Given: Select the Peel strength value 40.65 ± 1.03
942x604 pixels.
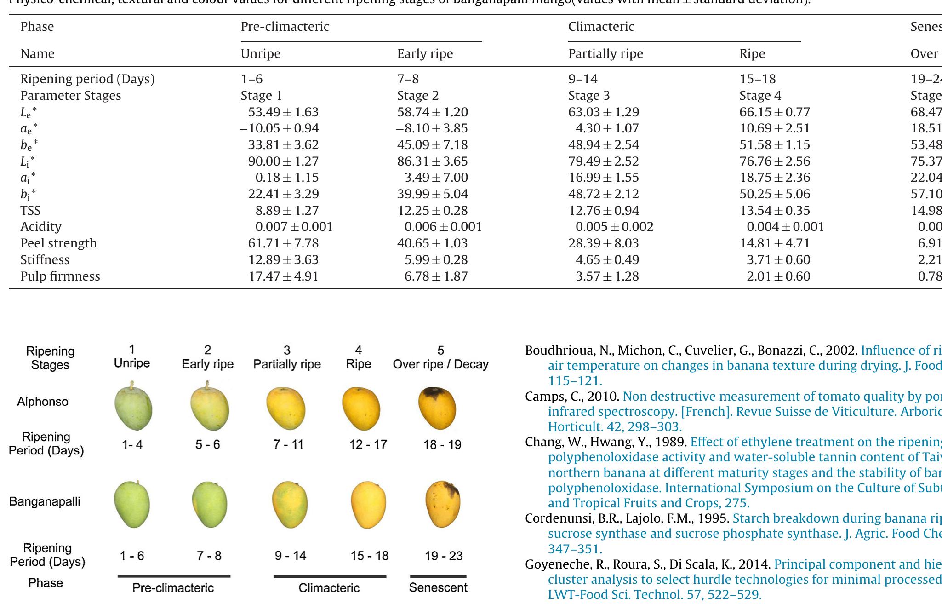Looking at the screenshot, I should click(x=432, y=243).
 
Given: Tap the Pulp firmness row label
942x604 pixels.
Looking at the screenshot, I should click(x=60, y=276).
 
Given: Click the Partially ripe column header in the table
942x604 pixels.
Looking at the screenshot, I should click(x=605, y=54).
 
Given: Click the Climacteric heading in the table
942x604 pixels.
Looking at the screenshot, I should click(x=601, y=27).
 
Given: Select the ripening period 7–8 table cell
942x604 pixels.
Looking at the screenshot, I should click(x=408, y=79).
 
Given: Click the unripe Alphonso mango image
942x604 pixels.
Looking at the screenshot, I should click(x=133, y=407).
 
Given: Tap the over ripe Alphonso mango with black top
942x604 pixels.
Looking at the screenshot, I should click(x=437, y=408).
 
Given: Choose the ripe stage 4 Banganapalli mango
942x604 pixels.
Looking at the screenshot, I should click(x=368, y=505).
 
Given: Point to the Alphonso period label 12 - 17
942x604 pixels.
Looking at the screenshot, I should click(x=368, y=444).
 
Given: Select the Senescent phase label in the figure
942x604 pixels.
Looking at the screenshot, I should click(x=438, y=587).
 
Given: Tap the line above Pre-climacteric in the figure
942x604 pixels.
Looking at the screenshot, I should click(x=174, y=576).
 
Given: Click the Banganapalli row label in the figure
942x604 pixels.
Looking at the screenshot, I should click(x=45, y=501).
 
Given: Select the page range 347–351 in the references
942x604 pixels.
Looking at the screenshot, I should click(x=575, y=549).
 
